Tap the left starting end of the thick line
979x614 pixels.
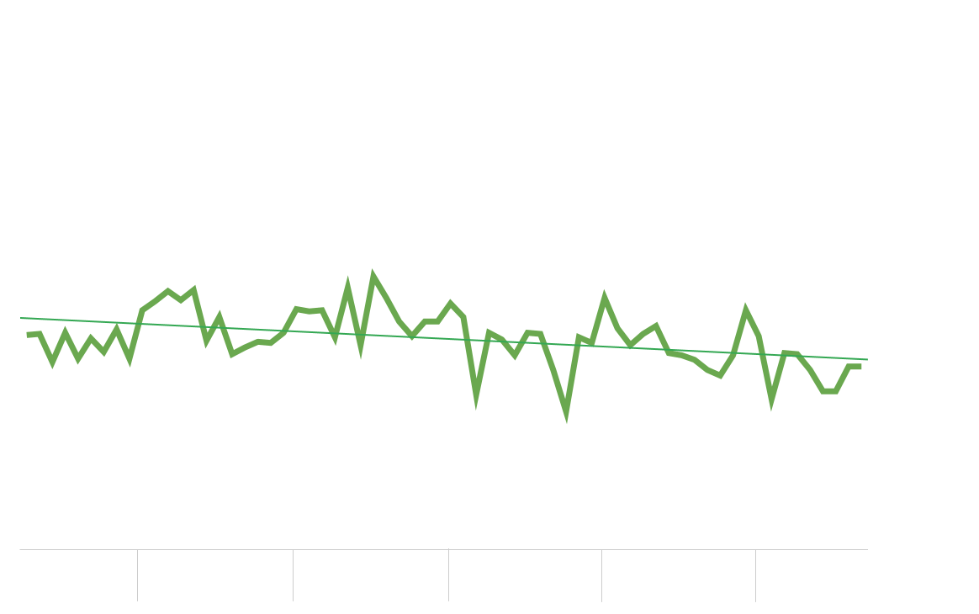(x=28, y=335)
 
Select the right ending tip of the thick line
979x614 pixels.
(x=860, y=367)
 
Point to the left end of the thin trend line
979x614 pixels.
(x=21, y=318)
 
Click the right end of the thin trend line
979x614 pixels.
(x=867, y=359)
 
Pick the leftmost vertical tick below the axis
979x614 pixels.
(x=137, y=575)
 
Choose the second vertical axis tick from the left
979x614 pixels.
(x=293, y=575)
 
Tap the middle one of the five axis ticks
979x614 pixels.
(x=448, y=575)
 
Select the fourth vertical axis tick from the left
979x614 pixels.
(x=601, y=575)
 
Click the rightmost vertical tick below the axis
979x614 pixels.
(x=755, y=575)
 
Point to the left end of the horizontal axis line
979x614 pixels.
(x=20, y=549)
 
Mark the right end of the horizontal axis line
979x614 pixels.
(x=867, y=549)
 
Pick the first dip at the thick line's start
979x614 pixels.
(x=53, y=363)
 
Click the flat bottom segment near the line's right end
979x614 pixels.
(x=829, y=391)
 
